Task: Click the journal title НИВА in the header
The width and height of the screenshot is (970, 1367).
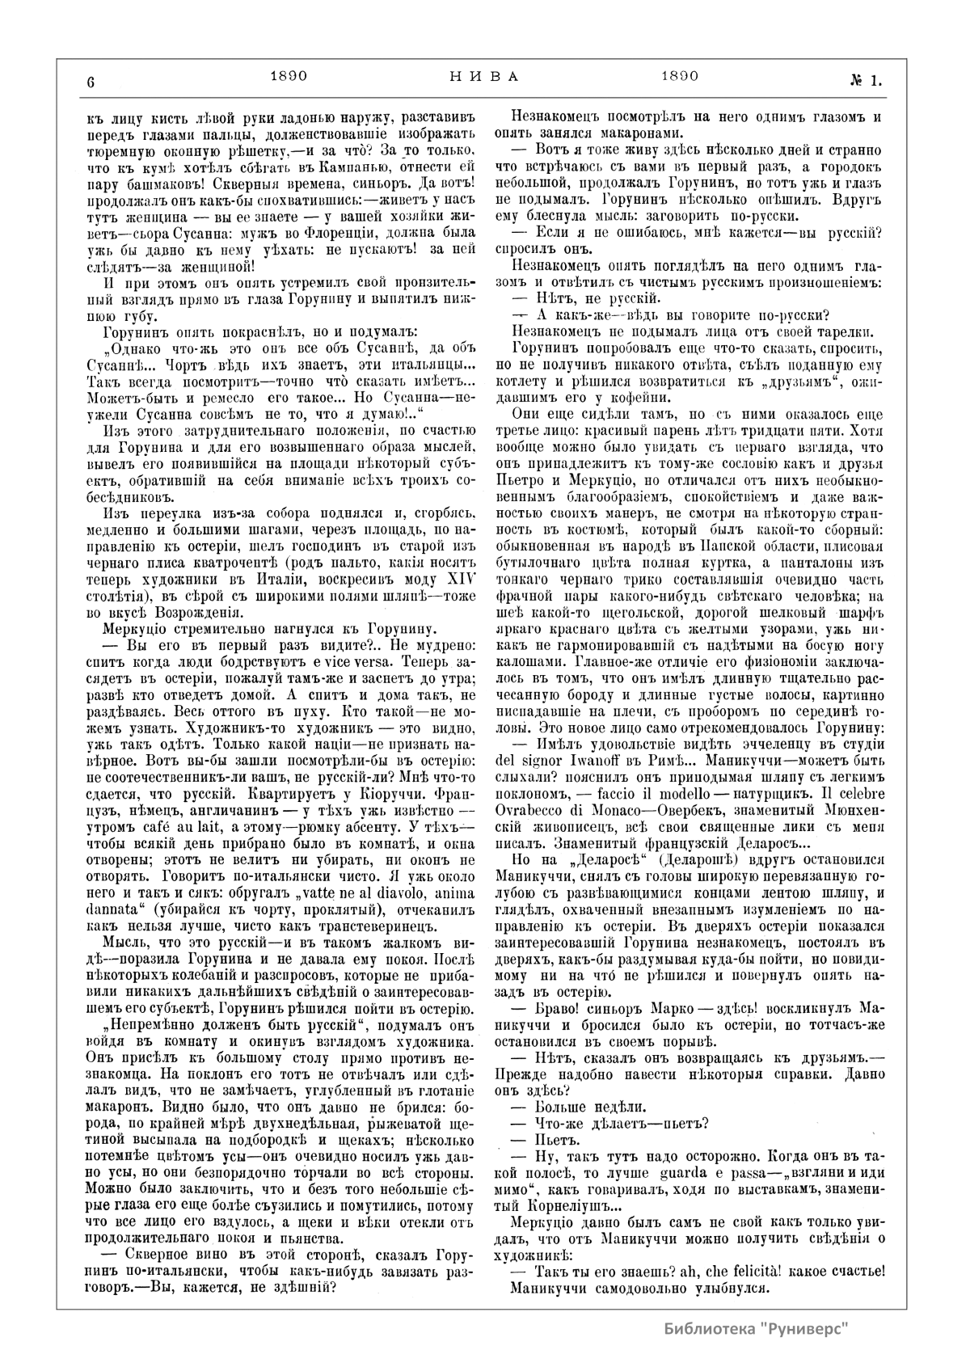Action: coord(483,77)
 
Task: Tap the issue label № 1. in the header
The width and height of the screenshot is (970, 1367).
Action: coord(864,80)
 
